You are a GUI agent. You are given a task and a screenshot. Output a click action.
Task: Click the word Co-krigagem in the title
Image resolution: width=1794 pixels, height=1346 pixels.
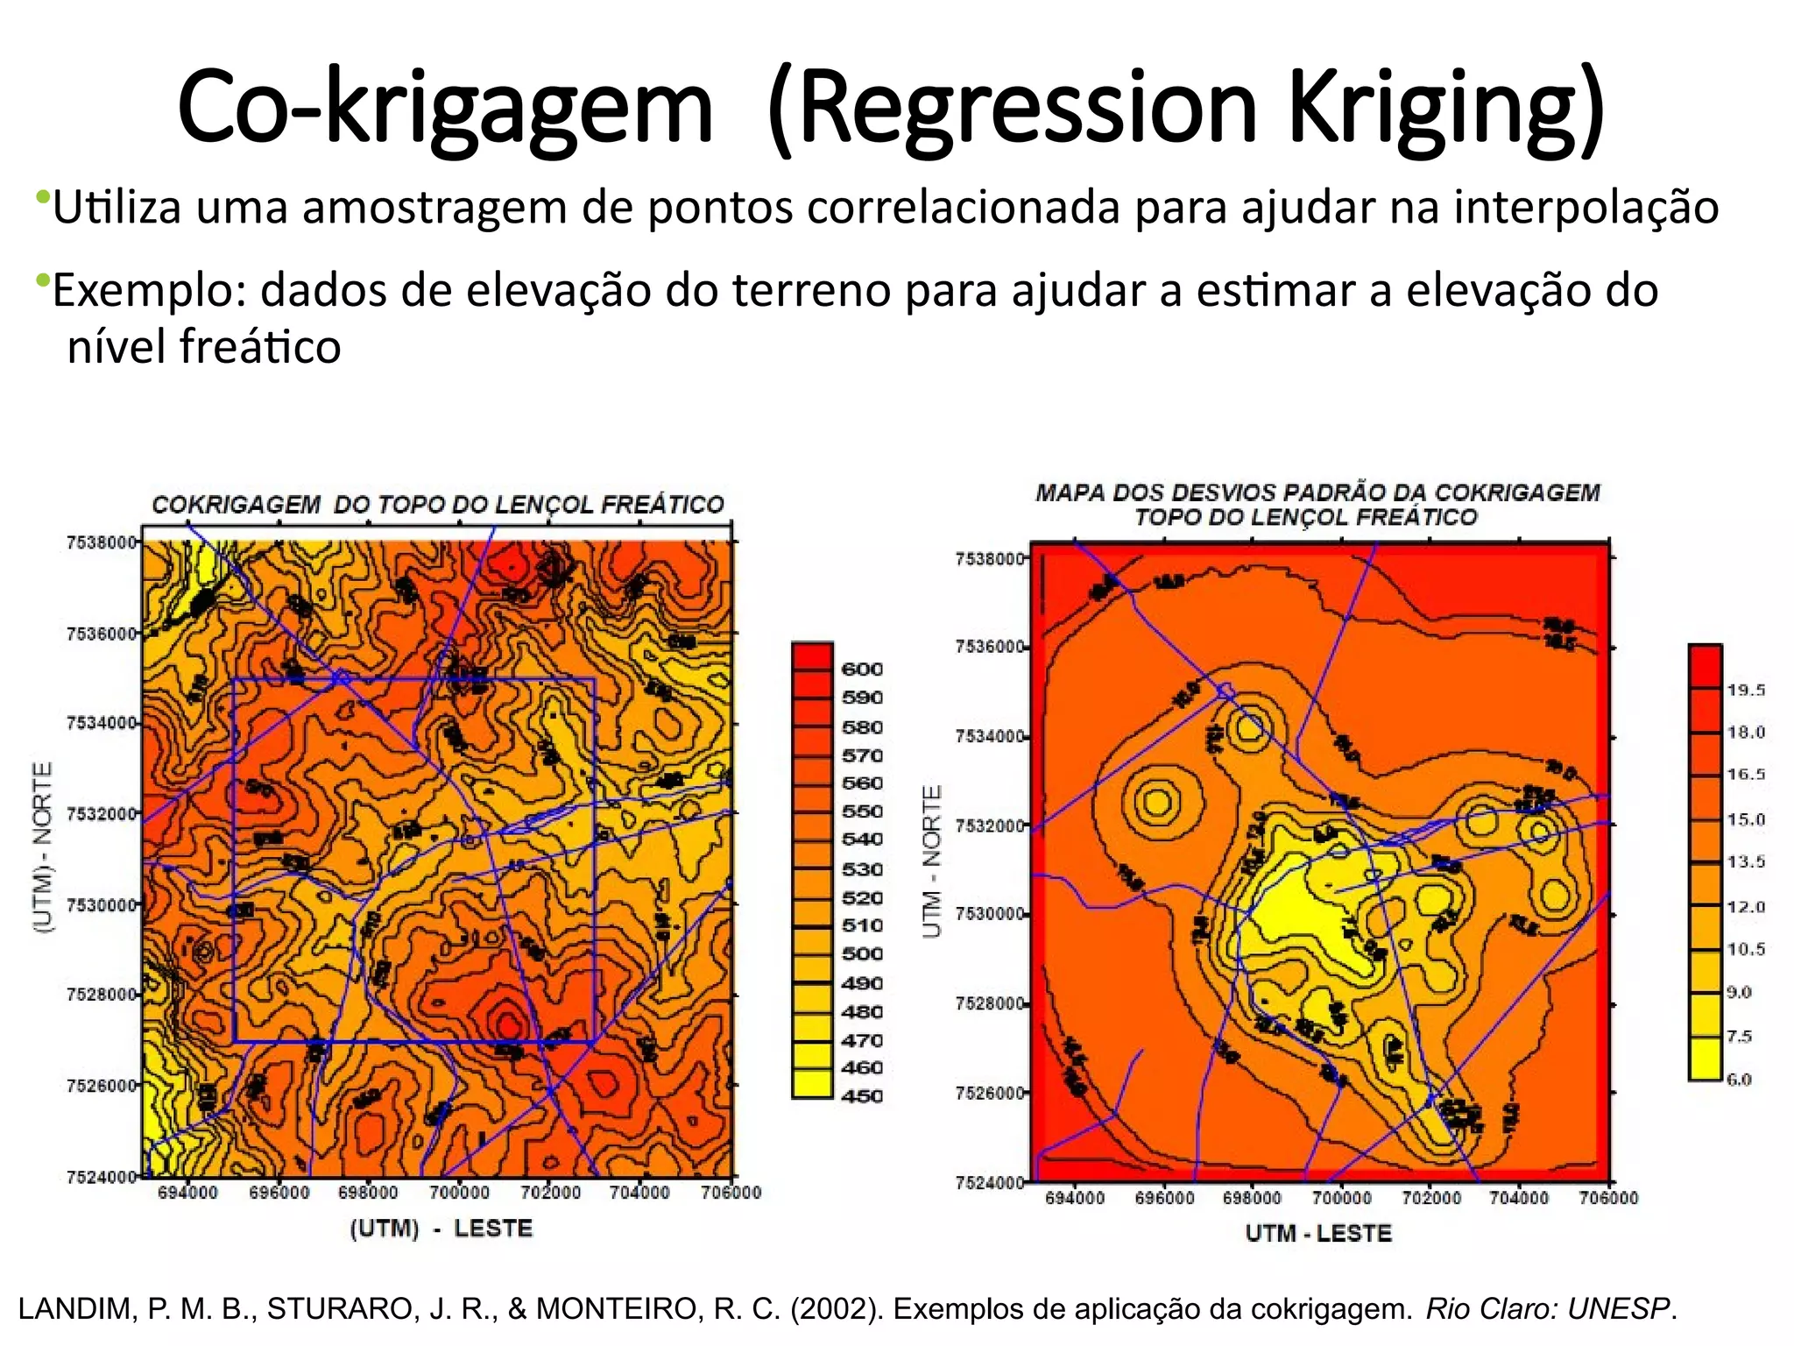[445, 107]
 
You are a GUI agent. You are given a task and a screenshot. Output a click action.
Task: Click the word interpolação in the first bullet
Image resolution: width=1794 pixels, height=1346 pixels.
[1586, 208]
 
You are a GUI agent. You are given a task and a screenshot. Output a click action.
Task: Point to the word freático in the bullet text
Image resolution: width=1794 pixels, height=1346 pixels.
[260, 347]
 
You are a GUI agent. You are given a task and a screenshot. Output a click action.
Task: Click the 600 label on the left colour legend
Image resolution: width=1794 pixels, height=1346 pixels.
[862, 669]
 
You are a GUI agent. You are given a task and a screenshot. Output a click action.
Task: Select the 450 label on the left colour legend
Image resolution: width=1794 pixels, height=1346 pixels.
[862, 1096]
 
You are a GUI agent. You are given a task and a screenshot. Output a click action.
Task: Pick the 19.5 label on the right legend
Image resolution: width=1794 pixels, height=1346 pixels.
[1746, 691]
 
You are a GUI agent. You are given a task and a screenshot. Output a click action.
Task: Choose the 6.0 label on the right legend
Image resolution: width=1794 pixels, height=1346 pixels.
[1739, 1080]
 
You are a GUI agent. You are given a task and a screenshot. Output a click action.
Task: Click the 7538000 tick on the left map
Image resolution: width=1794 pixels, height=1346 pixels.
[102, 542]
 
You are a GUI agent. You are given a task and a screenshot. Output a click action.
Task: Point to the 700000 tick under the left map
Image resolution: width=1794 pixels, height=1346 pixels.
[459, 1193]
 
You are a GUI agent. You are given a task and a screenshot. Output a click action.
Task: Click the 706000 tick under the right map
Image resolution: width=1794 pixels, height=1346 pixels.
[1607, 1198]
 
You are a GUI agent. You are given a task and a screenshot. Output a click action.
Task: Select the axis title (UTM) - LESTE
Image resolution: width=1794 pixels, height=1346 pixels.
[441, 1229]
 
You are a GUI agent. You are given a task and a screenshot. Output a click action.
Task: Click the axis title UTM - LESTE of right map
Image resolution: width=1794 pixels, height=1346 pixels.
[1318, 1234]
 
